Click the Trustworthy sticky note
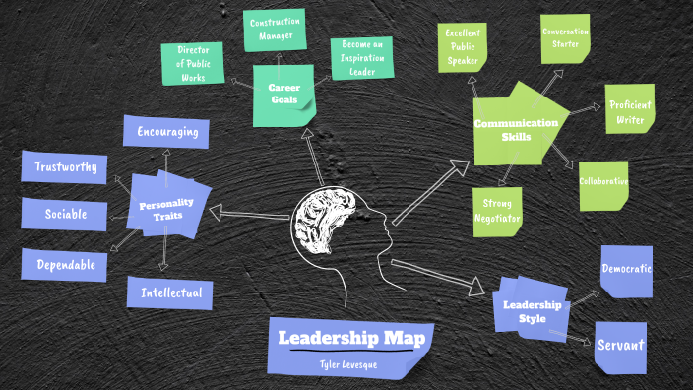(63, 167)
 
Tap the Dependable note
(65, 265)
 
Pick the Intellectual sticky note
(170, 292)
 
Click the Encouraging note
(166, 132)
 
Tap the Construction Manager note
(275, 29)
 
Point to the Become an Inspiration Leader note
(361, 58)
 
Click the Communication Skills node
(516, 129)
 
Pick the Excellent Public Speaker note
(462, 45)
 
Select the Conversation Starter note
(565, 37)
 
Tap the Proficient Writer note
(628, 112)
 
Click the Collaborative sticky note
(602, 183)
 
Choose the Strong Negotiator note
(497, 211)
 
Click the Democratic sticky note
(626, 268)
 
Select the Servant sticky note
(620, 345)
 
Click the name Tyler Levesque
(348, 364)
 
